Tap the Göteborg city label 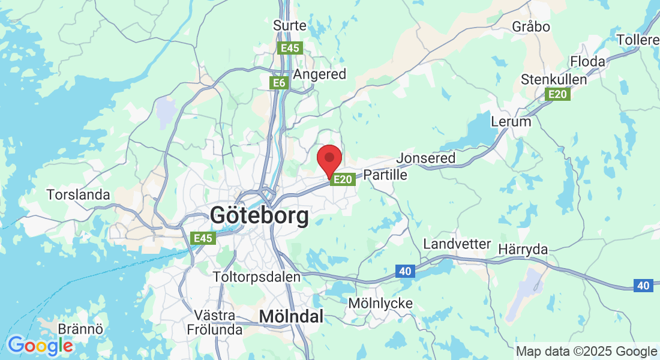tap(260, 215)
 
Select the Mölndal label tap(291, 316)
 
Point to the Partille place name tap(385, 175)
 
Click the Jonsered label tap(426, 158)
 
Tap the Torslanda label tap(79, 194)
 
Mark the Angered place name tap(319, 74)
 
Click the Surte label tap(290, 26)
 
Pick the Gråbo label tap(531, 26)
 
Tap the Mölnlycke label tap(380, 304)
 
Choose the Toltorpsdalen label tap(257, 277)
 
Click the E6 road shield tap(279, 83)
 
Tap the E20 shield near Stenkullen tap(557, 94)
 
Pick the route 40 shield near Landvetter tap(406, 272)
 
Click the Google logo tap(40, 346)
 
